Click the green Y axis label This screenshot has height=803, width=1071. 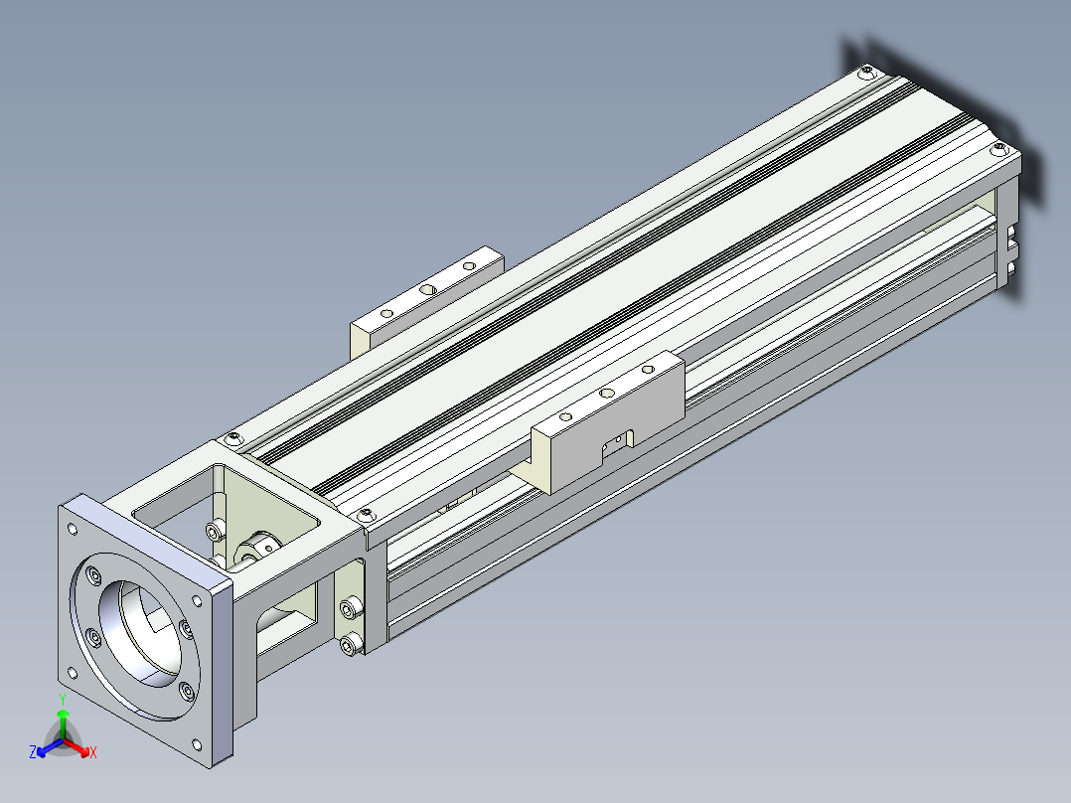click(63, 699)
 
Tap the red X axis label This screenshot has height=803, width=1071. click(93, 752)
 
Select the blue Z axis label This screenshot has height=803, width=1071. click(33, 752)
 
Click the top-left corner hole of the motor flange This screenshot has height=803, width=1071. click(72, 529)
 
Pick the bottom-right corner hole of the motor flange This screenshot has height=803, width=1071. click(197, 744)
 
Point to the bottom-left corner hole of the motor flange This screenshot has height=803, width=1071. click(73, 673)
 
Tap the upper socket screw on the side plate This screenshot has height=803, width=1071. click(351, 607)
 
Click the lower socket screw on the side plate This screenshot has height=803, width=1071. click(351, 643)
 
